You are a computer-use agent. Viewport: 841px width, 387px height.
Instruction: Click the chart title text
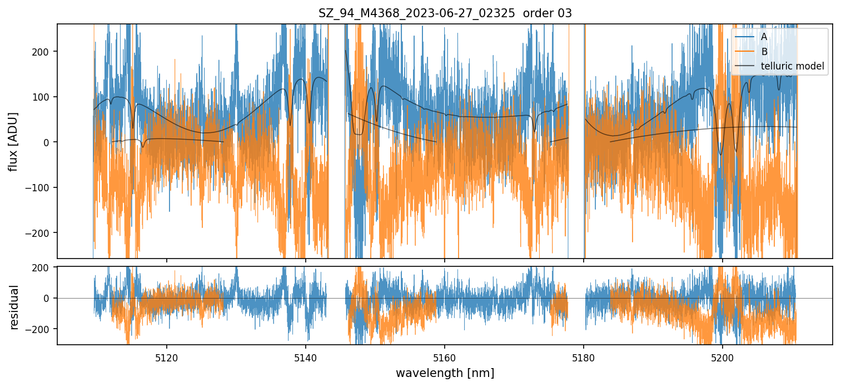[445, 13]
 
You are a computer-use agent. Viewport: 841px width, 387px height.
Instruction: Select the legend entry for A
[764, 37]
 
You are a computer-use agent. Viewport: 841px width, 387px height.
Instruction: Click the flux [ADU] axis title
[12, 141]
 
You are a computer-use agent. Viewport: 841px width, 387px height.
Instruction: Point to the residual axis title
[14, 307]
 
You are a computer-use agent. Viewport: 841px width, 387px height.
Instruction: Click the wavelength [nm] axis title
[445, 373]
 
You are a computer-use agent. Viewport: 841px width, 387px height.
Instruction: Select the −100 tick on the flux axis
[40, 188]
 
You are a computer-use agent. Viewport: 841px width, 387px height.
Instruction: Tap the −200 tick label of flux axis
[40, 233]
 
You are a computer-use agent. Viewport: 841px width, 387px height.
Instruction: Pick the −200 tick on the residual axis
[40, 329]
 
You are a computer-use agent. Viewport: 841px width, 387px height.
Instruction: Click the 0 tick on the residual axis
[48, 299]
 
